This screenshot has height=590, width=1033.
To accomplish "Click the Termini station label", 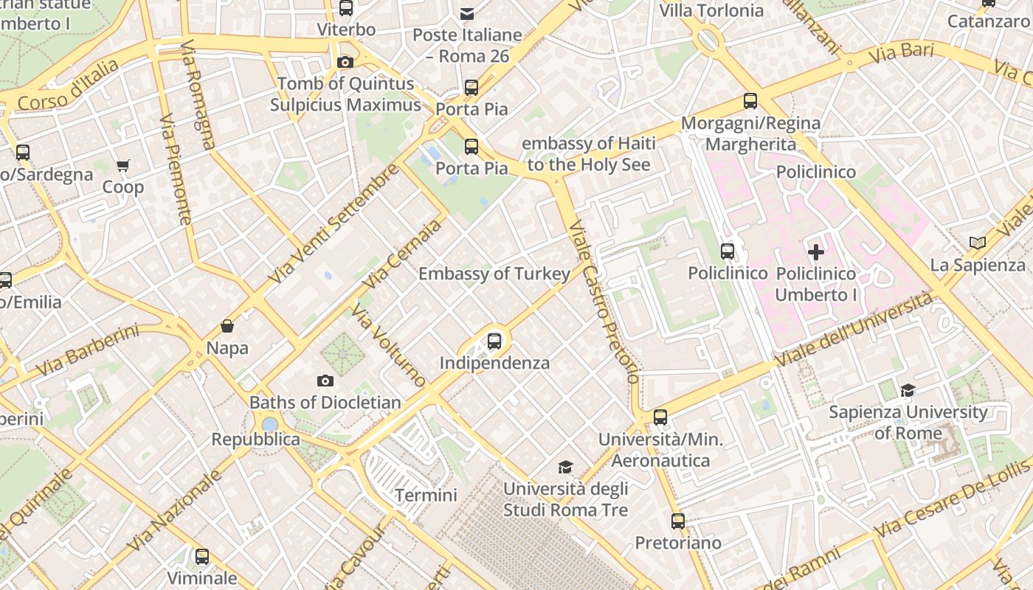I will (x=426, y=495).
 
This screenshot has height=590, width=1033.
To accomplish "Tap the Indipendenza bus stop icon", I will (x=494, y=341).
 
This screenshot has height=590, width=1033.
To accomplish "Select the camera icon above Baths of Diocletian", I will (x=325, y=381).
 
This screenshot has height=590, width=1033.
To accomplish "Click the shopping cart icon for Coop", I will (x=123, y=165).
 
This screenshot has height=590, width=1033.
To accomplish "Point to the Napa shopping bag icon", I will (x=227, y=326).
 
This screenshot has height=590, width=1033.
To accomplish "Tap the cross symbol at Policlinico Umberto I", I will (x=816, y=252).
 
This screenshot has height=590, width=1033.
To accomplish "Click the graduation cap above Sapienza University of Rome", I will (x=908, y=390).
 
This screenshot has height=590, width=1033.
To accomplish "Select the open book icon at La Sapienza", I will (x=978, y=243).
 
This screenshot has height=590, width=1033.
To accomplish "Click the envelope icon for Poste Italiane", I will (x=467, y=13).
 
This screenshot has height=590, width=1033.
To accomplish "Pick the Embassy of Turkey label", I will (x=494, y=274).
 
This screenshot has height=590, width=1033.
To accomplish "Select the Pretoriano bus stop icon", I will (x=678, y=521).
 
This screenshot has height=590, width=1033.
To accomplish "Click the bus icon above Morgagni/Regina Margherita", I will (x=750, y=101).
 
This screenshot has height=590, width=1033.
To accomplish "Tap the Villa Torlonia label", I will (x=711, y=10).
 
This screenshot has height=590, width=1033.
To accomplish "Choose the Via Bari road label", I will (x=902, y=53).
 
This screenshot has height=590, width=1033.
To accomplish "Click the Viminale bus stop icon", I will (x=202, y=557).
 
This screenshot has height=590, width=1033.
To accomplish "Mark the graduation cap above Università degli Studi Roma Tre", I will (x=565, y=467).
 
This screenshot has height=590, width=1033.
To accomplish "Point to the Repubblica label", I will (x=256, y=440).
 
